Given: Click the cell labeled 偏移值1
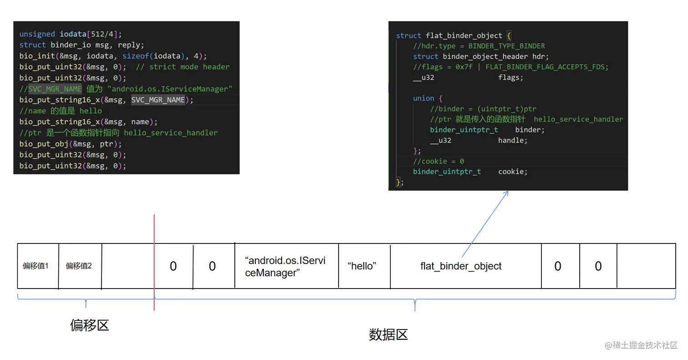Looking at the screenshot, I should (x=35, y=266).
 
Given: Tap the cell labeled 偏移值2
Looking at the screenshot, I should (x=79, y=266).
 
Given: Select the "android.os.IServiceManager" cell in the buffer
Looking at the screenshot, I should (x=285, y=267).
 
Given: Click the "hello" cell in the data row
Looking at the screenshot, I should (x=362, y=266).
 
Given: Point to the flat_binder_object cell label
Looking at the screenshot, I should (x=461, y=266).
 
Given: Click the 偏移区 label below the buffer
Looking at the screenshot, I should (x=90, y=325).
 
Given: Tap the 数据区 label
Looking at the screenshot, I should (x=388, y=335).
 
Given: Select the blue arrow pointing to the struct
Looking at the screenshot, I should (x=485, y=223).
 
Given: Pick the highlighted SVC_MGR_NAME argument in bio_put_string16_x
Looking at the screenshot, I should (x=158, y=100).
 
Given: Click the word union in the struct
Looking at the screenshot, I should (x=424, y=98).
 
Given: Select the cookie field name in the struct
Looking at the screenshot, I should (x=512, y=172).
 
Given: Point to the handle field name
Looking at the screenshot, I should (x=512, y=140).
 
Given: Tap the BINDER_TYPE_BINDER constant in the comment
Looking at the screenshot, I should (x=506, y=46).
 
